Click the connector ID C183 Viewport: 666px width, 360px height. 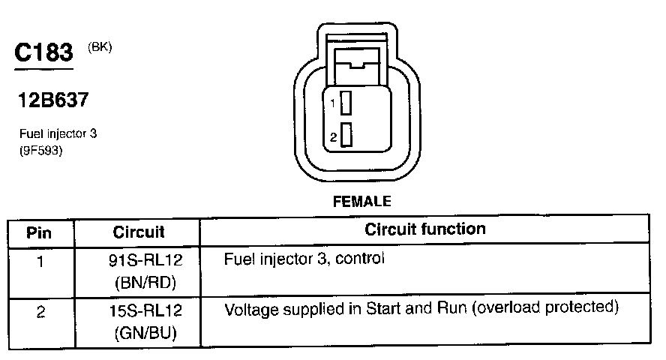click(43, 53)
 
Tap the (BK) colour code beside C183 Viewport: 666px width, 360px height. click(100, 47)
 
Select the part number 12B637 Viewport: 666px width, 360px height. click(55, 100)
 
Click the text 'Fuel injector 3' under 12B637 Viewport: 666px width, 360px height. click(58, 134)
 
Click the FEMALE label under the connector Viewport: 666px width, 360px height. click(361, 201)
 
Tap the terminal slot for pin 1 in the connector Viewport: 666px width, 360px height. click(346, 103)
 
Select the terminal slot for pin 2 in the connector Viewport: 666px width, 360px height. click(346, 136)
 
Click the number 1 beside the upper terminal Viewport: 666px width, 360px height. click(332, 103)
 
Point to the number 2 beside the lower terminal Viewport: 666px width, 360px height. click(332, 136)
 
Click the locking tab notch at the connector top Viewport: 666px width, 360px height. click(361, 62)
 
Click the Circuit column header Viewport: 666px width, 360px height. click(139, 232)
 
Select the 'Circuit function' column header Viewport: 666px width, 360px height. click(424, 229)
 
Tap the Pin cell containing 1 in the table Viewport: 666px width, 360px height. click(40, 262)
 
